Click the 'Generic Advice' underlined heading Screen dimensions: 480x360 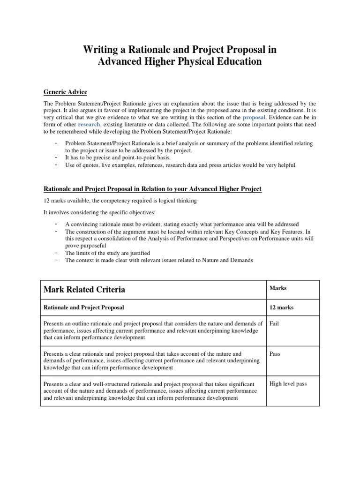(65, 92)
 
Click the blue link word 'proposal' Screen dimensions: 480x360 (254, 117)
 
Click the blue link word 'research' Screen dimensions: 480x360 (89, 124)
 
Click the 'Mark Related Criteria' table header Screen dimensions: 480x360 (84, 289)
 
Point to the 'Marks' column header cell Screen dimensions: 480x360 (278, 288)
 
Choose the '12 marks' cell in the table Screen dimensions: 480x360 (281, 307)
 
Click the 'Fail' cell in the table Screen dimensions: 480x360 (274, 323)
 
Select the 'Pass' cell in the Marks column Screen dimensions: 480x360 (275, 353)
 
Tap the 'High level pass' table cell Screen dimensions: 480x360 (288, 383)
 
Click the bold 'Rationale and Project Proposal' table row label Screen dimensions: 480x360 (84, 307)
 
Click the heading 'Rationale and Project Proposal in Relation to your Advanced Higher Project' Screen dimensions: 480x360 (152, 189)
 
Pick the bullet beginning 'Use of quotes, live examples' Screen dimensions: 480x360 (180, 165)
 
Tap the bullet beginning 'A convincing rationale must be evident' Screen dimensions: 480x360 (181, 224)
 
